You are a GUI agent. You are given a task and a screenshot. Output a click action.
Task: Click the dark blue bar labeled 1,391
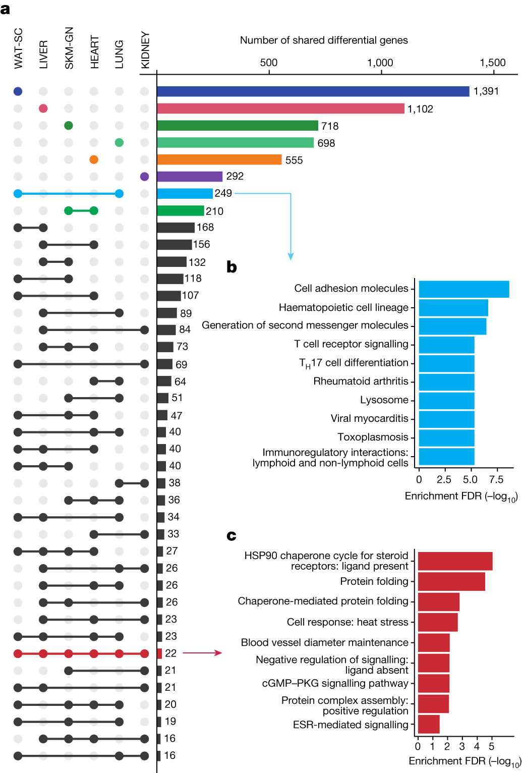pyautogui.click(x=313, y=91)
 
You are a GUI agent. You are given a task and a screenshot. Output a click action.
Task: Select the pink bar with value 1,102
pyautogui.click(x=280, y=108)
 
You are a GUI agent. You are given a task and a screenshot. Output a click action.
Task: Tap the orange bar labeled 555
pyautogui.click(x=219, y=159)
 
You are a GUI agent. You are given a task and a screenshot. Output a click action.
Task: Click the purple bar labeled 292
pyautogui.click(x=190, y=177)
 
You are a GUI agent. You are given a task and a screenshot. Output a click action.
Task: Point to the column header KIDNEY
pyautogui.click(x=145, y=50)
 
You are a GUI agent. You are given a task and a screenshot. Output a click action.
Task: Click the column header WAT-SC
pyautogui.click(x=19, y=48)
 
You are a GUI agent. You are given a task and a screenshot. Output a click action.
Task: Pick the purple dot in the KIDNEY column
pyautogui.click(x=145, y=177)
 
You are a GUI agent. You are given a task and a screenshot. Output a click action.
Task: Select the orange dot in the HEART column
pyautogui.click(x=94, y=159)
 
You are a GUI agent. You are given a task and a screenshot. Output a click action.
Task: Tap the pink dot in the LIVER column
pyautogui.click(x=43, y=108)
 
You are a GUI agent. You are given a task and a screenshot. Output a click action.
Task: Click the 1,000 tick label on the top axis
pyautogui.click(x=380, y=63)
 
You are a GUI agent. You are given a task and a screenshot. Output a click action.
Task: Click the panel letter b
pyautogui.click(x=231, y=267)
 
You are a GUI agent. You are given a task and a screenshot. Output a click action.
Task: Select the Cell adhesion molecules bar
pyautogui.click(x=463, y=289)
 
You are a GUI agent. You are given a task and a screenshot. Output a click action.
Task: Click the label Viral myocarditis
pyautogui.click(x=369, y=418)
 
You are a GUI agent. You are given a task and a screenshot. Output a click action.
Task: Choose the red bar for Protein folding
pyautogui.click(x=451, y=581)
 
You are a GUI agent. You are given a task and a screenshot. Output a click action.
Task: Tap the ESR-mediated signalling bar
pyautogui.click(x=429, y=724)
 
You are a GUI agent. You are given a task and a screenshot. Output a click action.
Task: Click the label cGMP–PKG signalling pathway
pyautogui.click(x=335, y=683)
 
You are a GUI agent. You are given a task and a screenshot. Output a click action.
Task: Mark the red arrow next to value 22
pyautogui.click(x=202, y=653)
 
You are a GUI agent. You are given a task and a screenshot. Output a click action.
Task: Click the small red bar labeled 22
pyautogui.click(x=159, y=653)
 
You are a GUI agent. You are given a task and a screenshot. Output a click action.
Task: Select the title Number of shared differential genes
pyautogui.click(x=324, y=40)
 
